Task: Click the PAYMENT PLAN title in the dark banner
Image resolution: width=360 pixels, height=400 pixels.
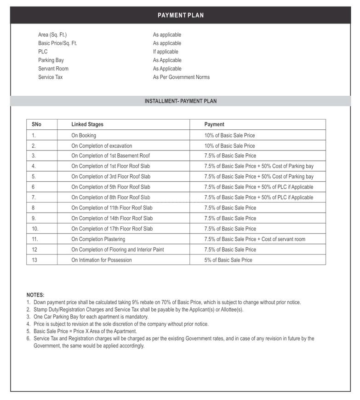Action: pos(180,15)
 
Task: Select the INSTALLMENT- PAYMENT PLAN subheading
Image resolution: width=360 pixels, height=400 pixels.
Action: pos(180,101)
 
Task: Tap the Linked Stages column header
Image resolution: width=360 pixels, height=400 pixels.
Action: pos(87,124)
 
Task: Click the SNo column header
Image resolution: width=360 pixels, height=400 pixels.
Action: pos(36,124)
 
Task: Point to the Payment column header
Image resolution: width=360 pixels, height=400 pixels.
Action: pos(214,124)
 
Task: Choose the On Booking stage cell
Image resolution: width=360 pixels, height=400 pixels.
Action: pos(84,135)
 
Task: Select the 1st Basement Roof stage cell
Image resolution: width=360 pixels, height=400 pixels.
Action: pos(110,156)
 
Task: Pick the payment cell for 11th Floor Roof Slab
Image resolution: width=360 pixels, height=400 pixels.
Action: pos(230,208)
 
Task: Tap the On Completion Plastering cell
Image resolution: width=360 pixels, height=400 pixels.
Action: pos(98,239)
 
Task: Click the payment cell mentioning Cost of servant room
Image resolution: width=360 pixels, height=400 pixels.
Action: pos(255,239)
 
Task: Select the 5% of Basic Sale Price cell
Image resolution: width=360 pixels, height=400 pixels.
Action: pos(228,260)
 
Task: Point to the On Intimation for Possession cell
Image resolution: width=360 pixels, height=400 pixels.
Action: pos(102,260)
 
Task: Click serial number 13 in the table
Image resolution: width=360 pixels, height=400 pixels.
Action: pos(34,260)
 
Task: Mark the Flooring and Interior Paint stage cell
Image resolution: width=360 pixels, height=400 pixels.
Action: pos(118,249)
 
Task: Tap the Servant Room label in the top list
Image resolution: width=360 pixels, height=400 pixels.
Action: pos(53,69)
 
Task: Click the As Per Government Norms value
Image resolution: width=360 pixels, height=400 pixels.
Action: pos(181,77)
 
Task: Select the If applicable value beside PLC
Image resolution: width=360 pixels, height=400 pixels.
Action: pos(166,52)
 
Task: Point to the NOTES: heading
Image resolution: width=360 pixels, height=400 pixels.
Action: pos(35,295)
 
